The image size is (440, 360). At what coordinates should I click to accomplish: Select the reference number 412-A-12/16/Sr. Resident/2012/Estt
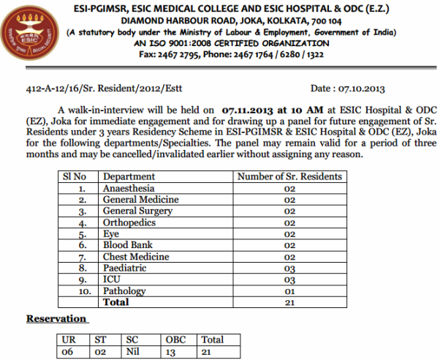pos(96,89)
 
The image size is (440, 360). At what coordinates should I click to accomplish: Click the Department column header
pos(129,176)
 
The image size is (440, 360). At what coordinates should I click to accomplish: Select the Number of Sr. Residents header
pos(289,176)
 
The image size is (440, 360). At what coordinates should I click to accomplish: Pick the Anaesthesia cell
pos(129,188)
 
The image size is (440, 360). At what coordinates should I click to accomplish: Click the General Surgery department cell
pos(137,211)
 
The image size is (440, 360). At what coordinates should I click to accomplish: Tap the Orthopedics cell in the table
pos(130,222)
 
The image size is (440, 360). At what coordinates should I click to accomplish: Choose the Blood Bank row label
pos(128,245)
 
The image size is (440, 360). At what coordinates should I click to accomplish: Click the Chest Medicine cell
pos(135,257)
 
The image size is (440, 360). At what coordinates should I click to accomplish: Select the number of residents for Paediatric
pos(289,269)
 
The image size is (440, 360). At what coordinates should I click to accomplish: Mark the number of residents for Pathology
pos(289,291)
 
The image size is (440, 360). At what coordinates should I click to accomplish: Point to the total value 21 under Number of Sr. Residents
pos(289,302)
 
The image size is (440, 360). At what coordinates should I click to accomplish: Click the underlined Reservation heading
pos(57,319)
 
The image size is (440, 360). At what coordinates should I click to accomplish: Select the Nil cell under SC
pos(132,351)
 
